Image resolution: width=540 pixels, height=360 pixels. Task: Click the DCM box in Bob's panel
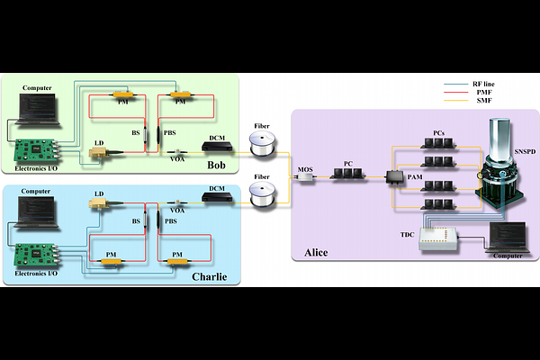click(x=217, y=146)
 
